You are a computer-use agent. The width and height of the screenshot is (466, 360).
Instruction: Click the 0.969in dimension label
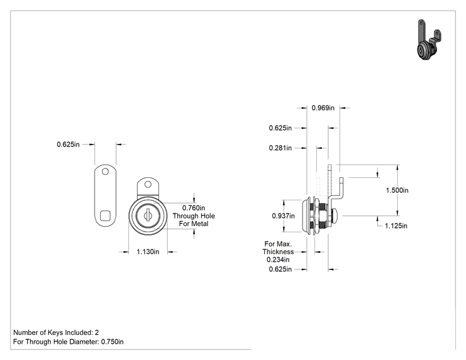(323, 108)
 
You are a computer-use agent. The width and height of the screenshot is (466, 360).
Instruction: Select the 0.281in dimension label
(280, 148)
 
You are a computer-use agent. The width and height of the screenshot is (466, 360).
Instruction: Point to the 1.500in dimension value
(397, 190)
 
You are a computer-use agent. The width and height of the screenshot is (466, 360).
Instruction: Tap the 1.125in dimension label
(396, 226)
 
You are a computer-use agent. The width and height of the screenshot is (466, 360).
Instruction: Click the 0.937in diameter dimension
(283, 216)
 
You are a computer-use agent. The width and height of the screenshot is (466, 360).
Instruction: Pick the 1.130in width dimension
(148, 252)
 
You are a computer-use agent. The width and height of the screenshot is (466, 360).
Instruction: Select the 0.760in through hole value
(194, 208)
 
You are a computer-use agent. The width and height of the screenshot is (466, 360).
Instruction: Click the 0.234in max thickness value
(278, 260)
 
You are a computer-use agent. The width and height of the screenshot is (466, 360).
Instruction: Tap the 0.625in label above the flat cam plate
(68, 145)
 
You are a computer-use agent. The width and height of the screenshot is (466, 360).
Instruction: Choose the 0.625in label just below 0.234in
(280, 269)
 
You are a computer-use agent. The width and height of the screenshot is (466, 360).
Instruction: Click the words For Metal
(194, 224)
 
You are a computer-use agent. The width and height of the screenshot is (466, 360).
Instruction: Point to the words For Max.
(278, 244)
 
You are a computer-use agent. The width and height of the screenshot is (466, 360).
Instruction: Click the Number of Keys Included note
(56, 332)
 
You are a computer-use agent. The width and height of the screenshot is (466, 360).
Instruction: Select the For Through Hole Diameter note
(68, 342)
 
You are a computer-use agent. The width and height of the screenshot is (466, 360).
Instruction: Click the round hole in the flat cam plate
(105, 172)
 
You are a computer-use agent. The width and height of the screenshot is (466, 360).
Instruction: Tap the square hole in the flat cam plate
(105, 216)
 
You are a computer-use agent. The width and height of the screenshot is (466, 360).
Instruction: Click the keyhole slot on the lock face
(147, 215)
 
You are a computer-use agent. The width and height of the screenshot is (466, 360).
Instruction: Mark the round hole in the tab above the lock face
(148, 185)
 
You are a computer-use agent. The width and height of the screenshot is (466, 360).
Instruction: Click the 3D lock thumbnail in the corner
(429, 40)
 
